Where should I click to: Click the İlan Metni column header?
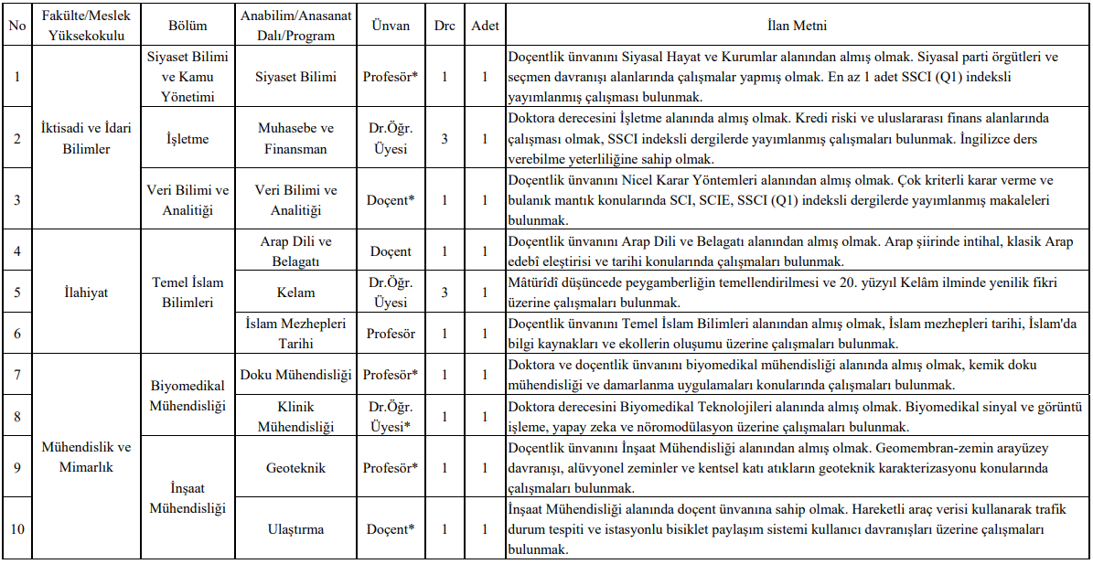click(798, 26)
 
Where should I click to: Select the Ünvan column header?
click(391, 26)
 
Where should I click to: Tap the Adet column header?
click(485, 26)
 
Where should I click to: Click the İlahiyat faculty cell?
click(86, 293)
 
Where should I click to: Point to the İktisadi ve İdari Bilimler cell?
click(86, 138)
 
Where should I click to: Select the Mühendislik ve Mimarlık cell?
click(86, 457)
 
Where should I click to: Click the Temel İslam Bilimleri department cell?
click(187, 293)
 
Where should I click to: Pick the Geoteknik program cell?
click(295, 467)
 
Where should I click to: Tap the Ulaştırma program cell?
click(295, 528)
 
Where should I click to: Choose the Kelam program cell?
click(295, 293)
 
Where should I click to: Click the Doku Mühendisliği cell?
click(295, 375)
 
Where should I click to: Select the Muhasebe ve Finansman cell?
click(295, 138)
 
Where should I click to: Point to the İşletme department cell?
click(187, 138)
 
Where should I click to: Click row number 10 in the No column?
click(16, 528)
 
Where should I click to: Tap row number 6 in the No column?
click(16, 334)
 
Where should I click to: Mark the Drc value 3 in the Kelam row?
click(445, 293)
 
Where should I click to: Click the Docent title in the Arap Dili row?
click(391, 251)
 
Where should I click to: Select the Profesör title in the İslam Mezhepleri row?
click(391, 334)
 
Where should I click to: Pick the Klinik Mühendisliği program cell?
click(295, 416)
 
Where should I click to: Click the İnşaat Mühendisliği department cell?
click(187, 497)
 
